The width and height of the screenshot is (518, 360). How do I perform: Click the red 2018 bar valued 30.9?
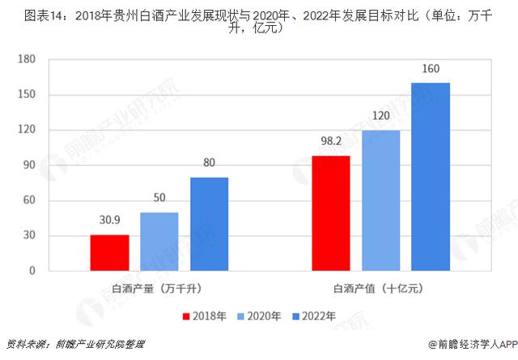(x=108, y=253)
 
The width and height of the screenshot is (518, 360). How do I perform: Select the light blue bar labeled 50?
(x=159, y=242)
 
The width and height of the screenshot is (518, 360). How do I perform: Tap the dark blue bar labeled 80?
(x=209, y=224)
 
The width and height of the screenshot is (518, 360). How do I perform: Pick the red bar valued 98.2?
(x=331, y=214)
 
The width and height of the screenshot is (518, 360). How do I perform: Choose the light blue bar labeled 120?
(x=380, y=201)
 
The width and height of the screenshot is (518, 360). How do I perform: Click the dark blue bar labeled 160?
(x=431, y=177)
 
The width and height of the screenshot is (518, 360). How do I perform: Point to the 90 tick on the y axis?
(x=29, y=166)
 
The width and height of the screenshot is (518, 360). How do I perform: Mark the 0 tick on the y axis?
(x=32, y=272)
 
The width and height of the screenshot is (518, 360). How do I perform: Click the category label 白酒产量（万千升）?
(x=159, y=288)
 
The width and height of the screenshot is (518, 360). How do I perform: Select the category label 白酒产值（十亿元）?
(x=380, y=288)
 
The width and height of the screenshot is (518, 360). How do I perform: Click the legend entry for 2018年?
(x=204, y=316)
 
